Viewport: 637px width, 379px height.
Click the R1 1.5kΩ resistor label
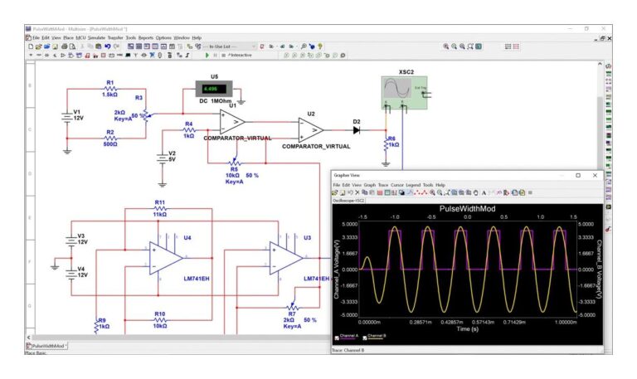(110, 88)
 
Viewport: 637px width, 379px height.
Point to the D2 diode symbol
(356, 129)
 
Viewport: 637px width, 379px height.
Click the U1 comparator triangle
(232, 123)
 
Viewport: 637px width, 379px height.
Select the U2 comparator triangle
(311, 129)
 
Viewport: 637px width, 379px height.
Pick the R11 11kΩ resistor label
(160, 207)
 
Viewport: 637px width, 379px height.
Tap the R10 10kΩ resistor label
(160, 319)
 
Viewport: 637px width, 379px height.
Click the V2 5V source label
(172, 158)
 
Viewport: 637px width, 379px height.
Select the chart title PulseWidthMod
(467, 209)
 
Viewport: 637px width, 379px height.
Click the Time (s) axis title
(467, 329)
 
